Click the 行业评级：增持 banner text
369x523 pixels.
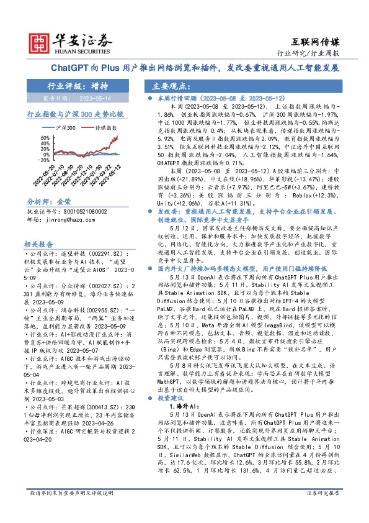(x=72, y=86)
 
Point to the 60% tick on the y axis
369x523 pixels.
(x=44, y=135)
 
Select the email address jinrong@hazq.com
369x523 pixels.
(x=69, y=219)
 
